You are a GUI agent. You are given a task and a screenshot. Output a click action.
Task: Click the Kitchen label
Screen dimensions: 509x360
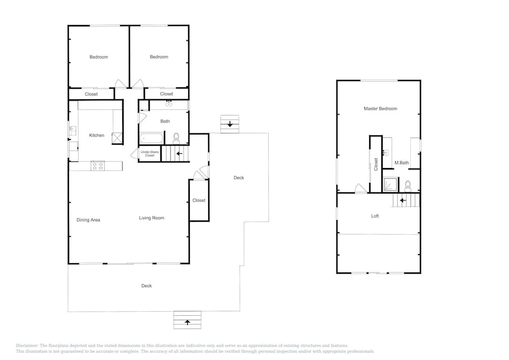97,135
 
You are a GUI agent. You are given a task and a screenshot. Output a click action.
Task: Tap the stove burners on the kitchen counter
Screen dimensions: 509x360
98,166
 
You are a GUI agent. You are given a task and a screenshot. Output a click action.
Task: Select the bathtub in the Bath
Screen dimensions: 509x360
152,139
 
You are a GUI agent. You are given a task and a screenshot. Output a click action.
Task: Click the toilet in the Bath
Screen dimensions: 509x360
176,139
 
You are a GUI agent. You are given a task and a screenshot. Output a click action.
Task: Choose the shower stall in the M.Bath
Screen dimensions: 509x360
391,185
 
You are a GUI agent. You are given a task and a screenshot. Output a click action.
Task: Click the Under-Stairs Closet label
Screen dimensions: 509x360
150,154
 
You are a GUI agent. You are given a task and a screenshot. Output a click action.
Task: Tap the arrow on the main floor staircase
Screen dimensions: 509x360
179,154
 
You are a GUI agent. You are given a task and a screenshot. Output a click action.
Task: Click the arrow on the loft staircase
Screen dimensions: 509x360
403,200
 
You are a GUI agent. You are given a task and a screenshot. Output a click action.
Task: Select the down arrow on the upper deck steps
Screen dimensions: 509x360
230,124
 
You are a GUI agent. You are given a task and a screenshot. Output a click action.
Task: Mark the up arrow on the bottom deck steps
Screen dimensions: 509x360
187,322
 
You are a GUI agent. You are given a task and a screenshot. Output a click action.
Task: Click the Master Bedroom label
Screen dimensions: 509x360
380,109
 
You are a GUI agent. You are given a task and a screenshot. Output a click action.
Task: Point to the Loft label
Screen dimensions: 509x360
375,216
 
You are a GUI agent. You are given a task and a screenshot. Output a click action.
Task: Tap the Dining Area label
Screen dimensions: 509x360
88,220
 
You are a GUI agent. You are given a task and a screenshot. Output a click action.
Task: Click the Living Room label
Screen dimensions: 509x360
152,218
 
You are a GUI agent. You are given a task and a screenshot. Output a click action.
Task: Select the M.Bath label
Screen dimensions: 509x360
402,162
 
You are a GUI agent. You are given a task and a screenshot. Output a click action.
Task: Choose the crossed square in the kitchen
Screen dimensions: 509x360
117,138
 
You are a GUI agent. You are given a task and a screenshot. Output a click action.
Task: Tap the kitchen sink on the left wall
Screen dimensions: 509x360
72,131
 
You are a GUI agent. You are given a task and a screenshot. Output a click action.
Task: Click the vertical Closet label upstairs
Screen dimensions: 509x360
376,164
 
